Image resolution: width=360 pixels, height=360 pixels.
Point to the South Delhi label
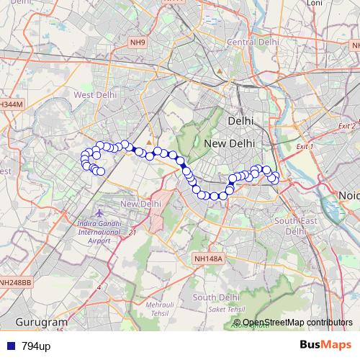point(215,297)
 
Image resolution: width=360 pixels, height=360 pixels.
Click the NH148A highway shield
point(210,258)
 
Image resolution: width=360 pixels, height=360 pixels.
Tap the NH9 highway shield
point(138,43)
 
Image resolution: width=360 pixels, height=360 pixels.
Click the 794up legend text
point(35,346)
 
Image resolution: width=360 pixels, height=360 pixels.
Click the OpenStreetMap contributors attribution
point(297,323)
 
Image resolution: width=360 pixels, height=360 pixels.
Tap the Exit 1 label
point(305,147)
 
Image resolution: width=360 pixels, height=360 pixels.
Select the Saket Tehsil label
point(224,309)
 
